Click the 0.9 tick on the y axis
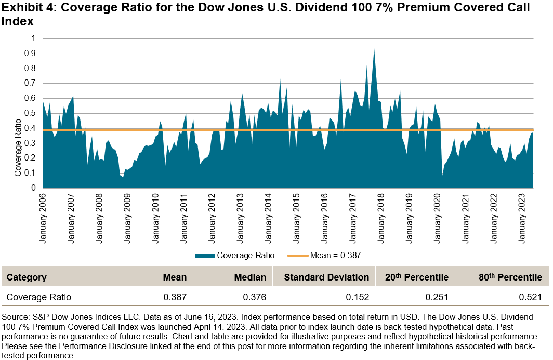[x=32, y=54]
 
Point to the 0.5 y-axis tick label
[x=32, y=113]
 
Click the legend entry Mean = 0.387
[x=335, y=255]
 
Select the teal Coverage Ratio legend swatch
[x=205, y=255]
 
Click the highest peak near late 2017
[x=374, y=50]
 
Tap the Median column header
[x=250, y=277]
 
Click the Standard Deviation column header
[x=326, y=277]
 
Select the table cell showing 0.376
[x=255, y=297]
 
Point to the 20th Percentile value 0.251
[x=437, y=297]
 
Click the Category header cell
[x=27, y=277]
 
